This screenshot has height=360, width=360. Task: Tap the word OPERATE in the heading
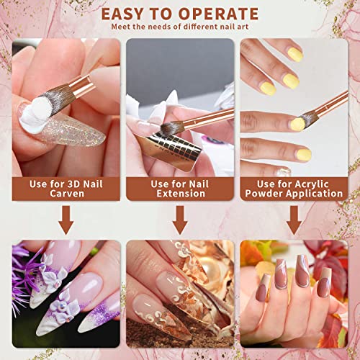pos(218,14)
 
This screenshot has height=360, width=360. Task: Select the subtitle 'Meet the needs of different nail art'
pos(180,27)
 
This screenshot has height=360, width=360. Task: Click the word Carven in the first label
pos(67,194)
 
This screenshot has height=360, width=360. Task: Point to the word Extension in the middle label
pos(181,194)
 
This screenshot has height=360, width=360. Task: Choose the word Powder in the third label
pos(264,194)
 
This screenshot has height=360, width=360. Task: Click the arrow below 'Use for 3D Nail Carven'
pos(66,220)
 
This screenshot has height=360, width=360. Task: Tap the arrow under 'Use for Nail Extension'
pos(180,220)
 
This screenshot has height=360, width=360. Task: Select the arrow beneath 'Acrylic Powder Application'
pos(294,220)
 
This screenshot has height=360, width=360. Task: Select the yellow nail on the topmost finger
pos(295,54)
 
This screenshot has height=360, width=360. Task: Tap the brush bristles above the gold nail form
pos(172,127)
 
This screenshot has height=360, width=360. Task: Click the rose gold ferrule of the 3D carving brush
pos(81,86)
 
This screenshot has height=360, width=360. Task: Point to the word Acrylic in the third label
pos(312,184)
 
